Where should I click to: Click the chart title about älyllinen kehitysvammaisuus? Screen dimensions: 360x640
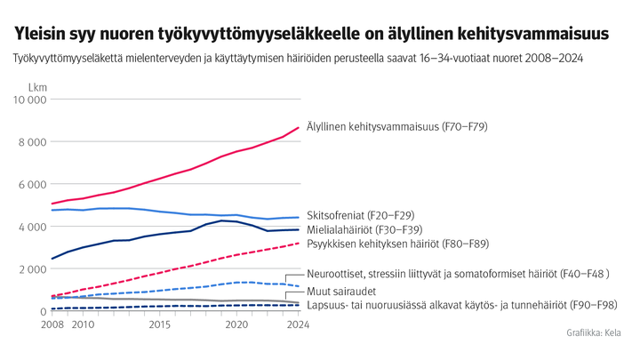[x=311, y=34]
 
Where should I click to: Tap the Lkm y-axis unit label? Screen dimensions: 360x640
[x=37, y=88]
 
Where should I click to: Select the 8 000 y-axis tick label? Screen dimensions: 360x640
[x=32, y=142]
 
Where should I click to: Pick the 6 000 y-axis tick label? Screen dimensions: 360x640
[x=32, y=184]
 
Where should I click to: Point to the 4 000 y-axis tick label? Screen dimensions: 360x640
[x=32, y=227]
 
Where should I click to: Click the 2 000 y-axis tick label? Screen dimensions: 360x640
[x=32, y=269]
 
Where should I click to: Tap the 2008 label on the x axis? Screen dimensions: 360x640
[x=52, y=326]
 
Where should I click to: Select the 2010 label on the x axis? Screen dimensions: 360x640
[x=83, y=326]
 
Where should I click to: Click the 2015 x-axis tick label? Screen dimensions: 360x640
[x=159, y=326]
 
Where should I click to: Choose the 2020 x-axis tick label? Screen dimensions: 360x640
[x=236, y=326]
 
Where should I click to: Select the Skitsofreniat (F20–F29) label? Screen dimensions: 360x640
[x=359, y=215]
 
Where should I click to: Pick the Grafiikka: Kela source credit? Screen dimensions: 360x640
[x=594, y=333]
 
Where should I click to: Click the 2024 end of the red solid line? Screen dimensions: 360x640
[x=297, y=128]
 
